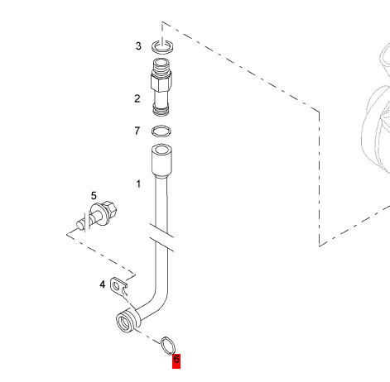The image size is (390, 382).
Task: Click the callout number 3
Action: [x=138, y=45]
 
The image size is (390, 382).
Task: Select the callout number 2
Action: [x=137, y=98]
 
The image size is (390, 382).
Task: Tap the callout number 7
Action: [x=137, y=131]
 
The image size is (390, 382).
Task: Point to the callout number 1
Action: [x=138, y=184]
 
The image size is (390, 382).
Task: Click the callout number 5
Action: [x=94, y=196]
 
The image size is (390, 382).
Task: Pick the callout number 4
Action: [x=103, y=284]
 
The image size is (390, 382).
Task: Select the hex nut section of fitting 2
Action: [x=161, y=81]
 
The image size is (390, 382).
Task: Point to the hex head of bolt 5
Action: [x=109, y=209]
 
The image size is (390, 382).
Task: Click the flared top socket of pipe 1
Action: [x=162, y=160]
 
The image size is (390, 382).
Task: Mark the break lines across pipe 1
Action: [x=161, y=237]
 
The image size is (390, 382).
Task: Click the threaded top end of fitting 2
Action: [x=161, y=65]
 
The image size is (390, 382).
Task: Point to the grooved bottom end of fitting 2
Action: [x=161, y=109]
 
